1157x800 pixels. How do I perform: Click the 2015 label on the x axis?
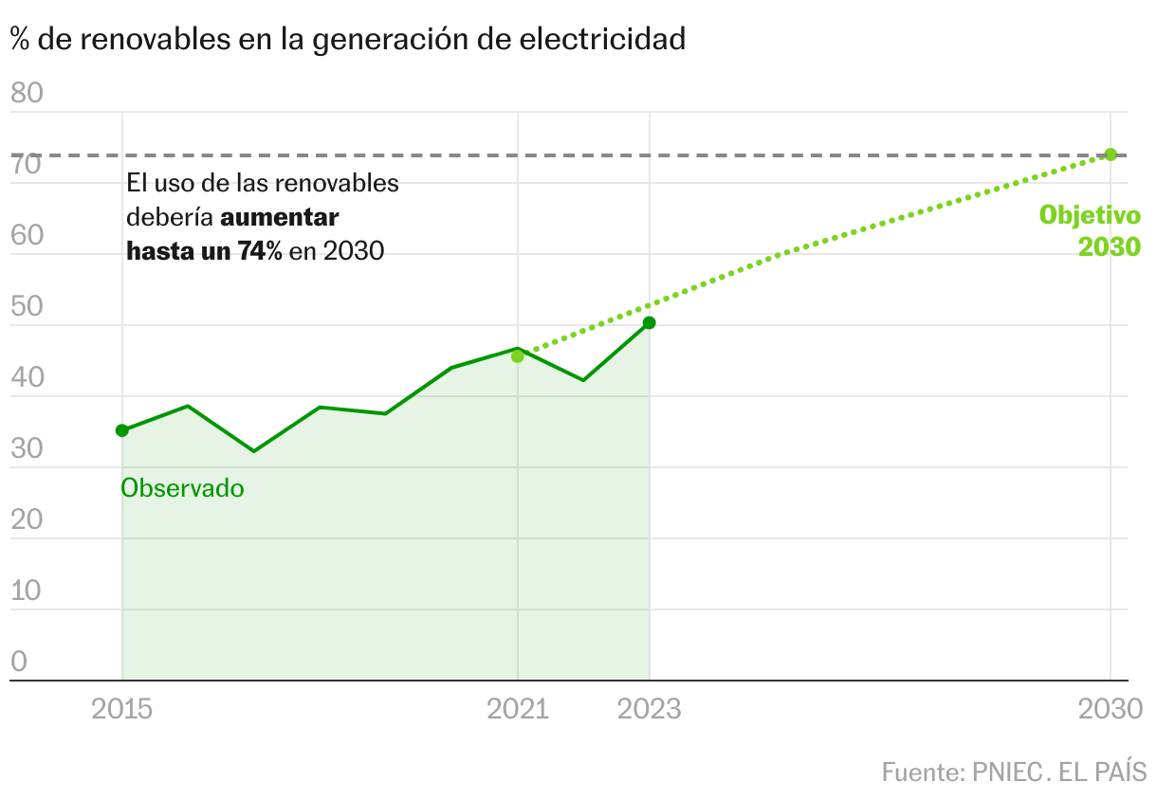click(121, 709)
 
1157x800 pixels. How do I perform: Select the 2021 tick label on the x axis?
click(518, 709)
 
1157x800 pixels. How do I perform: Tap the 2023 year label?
click(650, 709)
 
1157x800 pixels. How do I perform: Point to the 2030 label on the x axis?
click(1111, 709)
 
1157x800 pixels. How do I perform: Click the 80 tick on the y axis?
click(28, 93)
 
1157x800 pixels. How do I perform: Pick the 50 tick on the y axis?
click(28, 306)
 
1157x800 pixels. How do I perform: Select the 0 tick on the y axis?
click(19, 662)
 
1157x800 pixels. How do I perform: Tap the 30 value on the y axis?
click(28, 448)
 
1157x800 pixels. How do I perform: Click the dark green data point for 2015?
click(121, 430)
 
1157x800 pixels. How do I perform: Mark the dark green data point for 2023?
click(650, 323)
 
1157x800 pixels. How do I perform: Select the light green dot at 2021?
click(517, 356)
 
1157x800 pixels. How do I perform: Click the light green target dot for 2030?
click(1111, 155)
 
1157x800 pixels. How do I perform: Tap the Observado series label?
click(182, 489)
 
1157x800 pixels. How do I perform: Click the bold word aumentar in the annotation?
click(280, 217)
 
